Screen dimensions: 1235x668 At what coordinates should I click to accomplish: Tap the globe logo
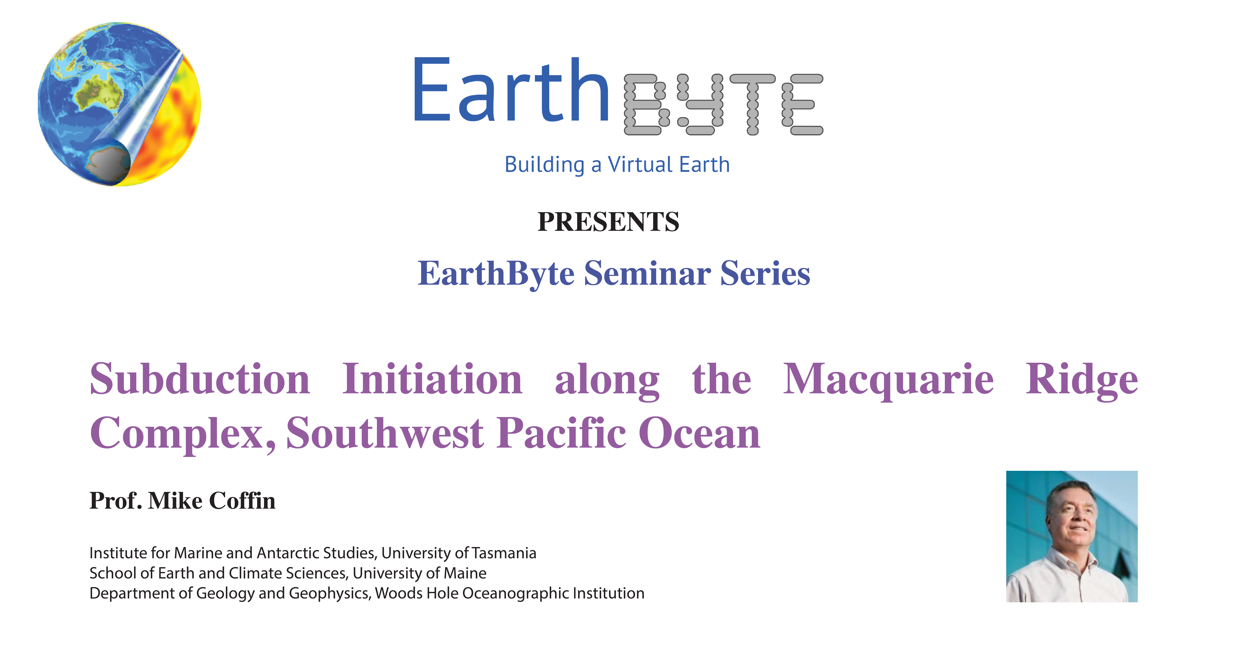(x=119, y=104)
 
